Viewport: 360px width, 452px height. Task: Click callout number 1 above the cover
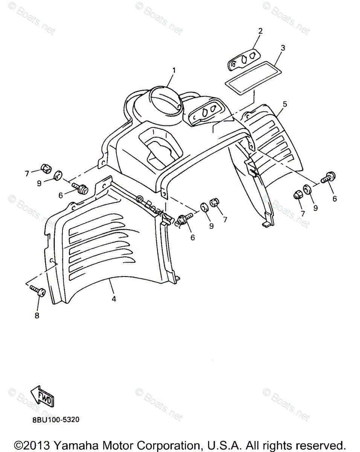pos(174,70)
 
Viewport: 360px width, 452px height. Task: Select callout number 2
pos(260,31)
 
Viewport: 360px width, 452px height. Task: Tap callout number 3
pos(283,48)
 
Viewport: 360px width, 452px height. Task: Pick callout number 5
pos(285,104)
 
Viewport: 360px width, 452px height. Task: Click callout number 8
pos(37,316)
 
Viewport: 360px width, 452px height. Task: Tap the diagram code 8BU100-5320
pos(53,419)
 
